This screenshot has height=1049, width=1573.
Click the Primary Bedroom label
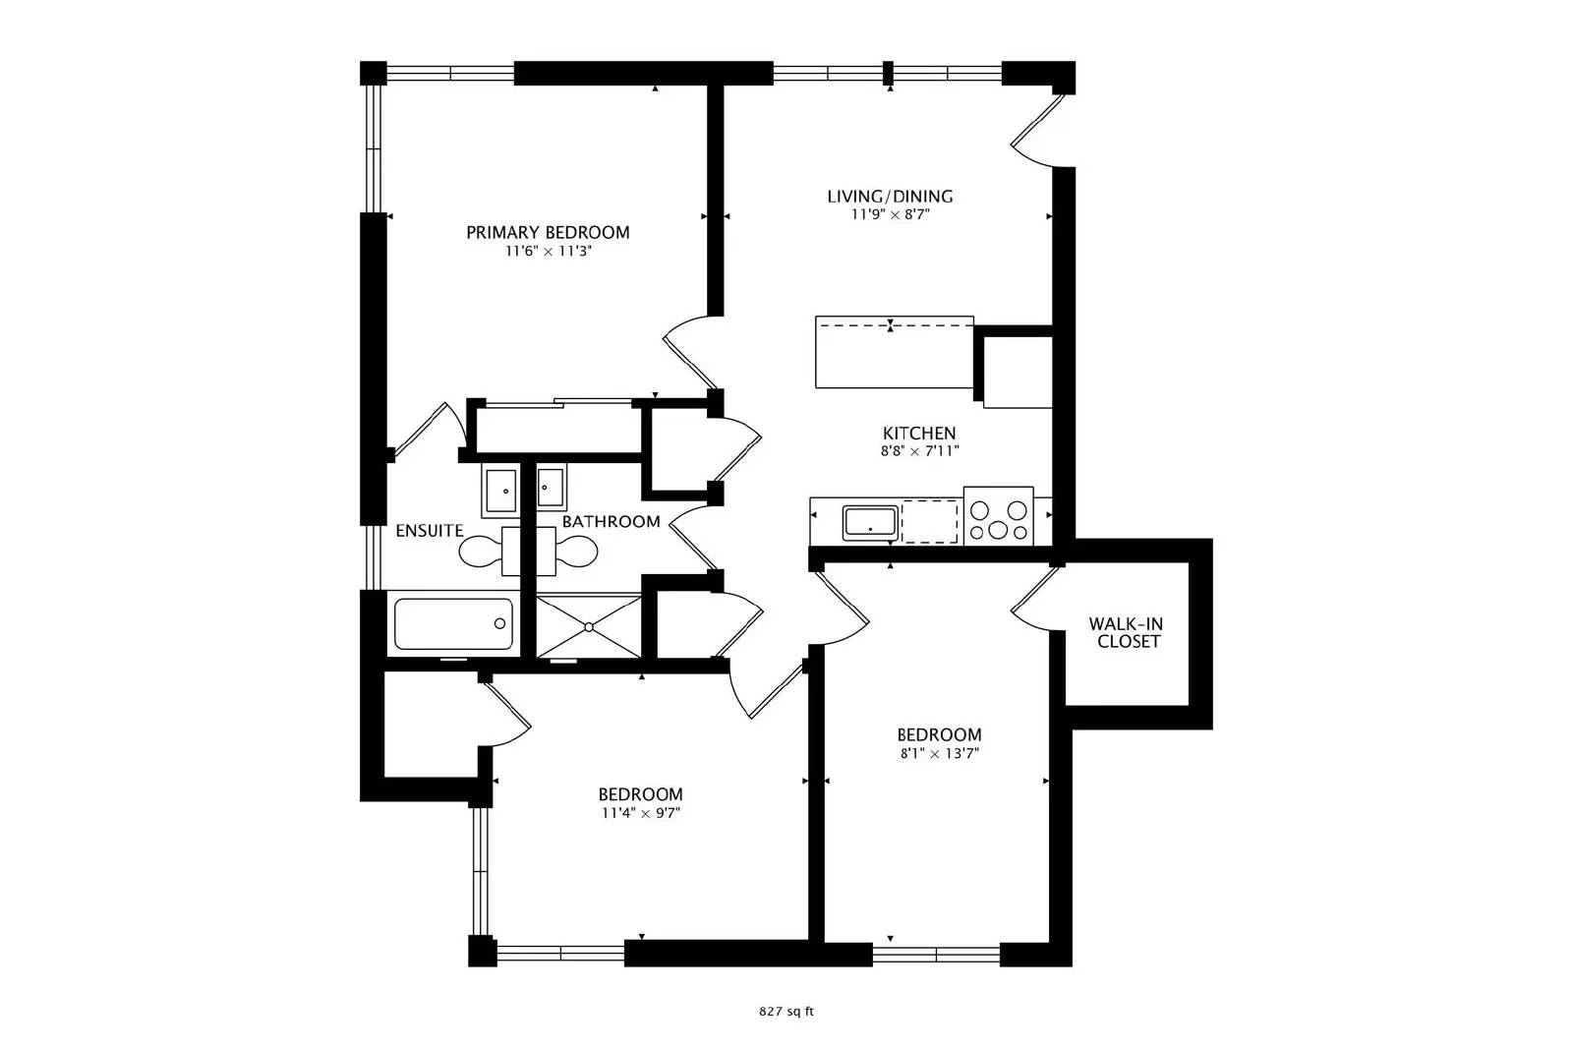tap(548, 232)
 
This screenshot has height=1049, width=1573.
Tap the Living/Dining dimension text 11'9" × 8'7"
tap(890, 213)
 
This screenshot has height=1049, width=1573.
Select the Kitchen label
tap(919, 433)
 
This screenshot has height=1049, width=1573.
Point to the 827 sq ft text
tap(786, 1011)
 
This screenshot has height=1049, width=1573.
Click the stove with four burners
tap(998, 516)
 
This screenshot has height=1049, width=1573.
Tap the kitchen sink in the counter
tap(870, 522)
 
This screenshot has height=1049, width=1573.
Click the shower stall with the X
tap(589, 625)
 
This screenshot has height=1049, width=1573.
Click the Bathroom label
tap(611, 521)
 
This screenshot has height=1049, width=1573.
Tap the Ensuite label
tap(430, 531)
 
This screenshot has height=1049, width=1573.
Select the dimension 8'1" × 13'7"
tap(939, 754)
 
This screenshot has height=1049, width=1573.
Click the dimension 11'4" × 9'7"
tap(641, 813)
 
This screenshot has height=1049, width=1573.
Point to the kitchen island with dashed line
tap(894, 352)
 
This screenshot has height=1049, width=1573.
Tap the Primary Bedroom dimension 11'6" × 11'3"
tap(548, 252)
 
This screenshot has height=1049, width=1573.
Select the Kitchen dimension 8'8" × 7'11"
tap(919, 451)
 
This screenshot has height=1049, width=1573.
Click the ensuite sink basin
tap(499, 489)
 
